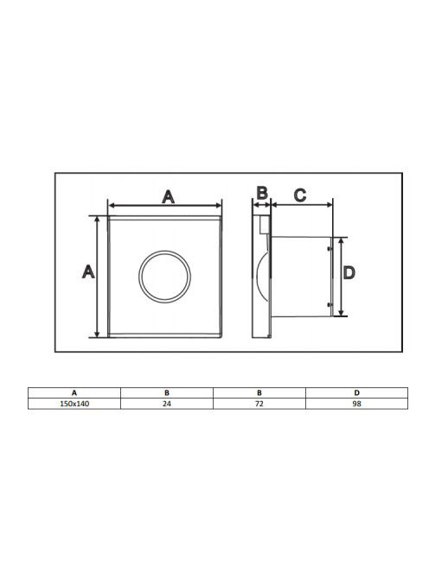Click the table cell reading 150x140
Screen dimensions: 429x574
click(x=74, y=404)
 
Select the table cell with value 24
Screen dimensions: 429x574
click(x=167, y=404)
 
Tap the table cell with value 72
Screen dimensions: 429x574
click(x=259, y=404)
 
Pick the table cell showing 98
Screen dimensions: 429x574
click(x=357, y=404)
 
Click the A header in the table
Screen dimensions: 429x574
click(x=74, y=393)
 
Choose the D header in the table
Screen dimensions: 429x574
click(x=357, y=393)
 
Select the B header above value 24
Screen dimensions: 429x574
click(x=167, y=393)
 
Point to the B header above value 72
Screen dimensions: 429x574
click(x=259, y=393)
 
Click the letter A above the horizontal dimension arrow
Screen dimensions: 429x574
click(x=168, y=197)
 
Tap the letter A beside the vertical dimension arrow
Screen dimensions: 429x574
click(x=88, y=271)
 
